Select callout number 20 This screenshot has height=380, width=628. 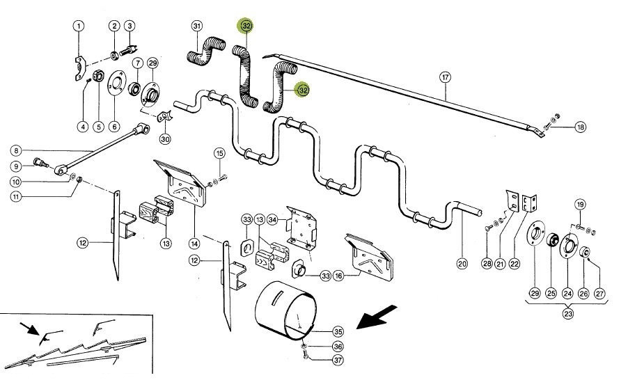coord(462,264)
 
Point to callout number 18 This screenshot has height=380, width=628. coord(581,127)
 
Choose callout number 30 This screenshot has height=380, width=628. coord(164,138)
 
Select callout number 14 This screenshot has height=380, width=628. coord(194,244)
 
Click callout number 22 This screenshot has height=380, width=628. coord(515,264)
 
